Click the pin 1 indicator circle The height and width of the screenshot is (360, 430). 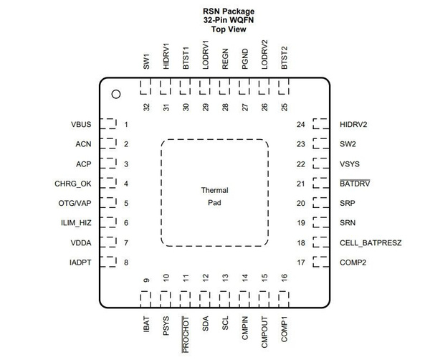115,93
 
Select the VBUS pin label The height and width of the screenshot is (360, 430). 81,125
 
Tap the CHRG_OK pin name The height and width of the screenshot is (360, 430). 74,184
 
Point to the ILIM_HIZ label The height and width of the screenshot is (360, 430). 75,223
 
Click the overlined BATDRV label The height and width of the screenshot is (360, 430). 355,184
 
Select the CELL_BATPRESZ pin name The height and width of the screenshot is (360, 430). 371,243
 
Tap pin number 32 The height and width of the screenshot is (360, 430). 146,107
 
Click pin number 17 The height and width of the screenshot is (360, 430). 300,262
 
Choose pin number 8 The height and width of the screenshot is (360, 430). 126,262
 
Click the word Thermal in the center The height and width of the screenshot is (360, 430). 214,190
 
